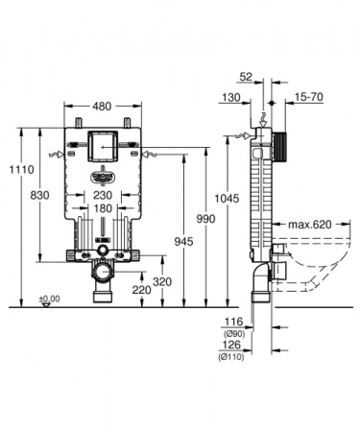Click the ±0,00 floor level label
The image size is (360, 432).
tap(49, 299)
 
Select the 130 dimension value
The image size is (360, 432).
tap(229, 98)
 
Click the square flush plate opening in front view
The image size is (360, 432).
tap(101, 147)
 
